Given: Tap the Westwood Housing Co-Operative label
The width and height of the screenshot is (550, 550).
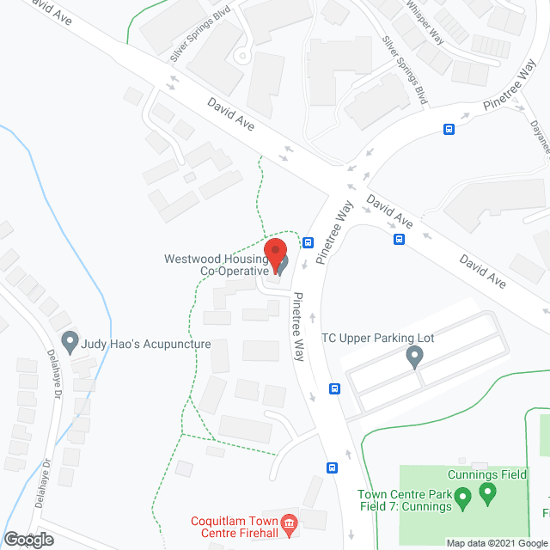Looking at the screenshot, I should [226, 265].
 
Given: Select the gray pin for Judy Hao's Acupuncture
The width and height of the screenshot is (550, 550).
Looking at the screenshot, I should [70, 343].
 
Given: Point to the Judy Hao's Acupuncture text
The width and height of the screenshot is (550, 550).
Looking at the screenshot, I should [146, 344].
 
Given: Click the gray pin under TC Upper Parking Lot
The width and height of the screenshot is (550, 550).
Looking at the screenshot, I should [415, 357].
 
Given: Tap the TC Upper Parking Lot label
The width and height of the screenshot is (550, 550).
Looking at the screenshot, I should [377, 338].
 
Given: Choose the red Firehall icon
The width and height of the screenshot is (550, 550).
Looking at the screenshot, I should [289, 522].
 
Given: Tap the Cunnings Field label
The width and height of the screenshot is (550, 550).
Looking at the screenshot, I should [487, 474].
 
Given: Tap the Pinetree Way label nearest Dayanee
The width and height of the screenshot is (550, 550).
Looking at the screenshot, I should [509, 91].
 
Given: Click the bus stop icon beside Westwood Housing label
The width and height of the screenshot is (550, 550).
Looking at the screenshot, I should [308, 242].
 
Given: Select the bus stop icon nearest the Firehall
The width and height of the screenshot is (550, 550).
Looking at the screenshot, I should [332, 468].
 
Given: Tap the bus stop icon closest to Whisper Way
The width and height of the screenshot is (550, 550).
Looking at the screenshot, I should [449, 129].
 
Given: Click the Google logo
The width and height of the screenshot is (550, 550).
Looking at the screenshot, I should [27, 539].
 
